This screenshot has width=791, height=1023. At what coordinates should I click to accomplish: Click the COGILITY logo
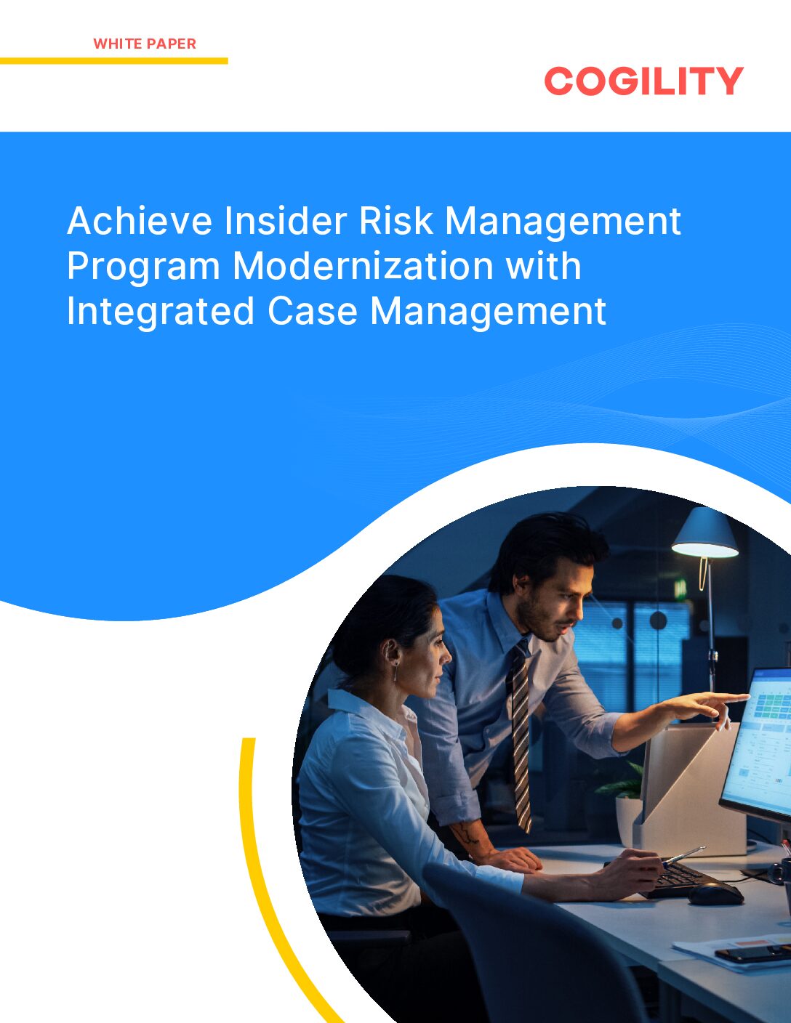tap(643, 81)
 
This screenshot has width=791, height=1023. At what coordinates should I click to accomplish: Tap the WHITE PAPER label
tap(145, 44)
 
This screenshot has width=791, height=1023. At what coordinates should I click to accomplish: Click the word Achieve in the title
tap(140, 221)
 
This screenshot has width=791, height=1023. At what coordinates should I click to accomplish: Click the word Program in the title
tap(143, 267)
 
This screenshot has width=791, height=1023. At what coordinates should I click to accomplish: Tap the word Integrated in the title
tap(161, 311)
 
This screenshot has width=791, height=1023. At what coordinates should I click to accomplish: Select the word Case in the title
tap(313, 311)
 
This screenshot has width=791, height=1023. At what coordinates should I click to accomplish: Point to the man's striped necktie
tap(520, 734)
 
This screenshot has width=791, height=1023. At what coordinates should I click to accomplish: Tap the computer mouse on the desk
tap(715, 894)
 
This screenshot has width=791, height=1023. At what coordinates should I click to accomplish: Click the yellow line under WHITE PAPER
tap(113, 61)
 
